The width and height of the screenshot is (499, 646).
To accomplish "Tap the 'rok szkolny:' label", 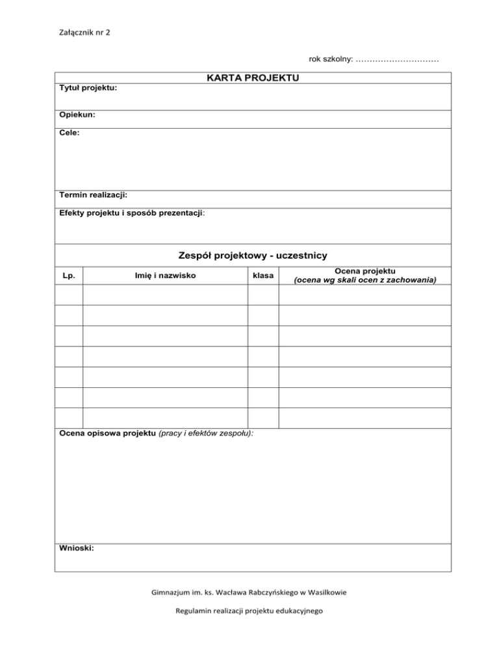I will click(x=331, y=59).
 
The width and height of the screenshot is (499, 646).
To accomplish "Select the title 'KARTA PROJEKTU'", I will click(x=253, y=78).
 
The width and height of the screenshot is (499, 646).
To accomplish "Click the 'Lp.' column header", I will click(x=69, y=276).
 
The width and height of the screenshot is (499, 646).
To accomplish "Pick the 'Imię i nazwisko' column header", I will click(x=165, y=276).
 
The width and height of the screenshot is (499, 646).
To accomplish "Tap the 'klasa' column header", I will click(x=263, y=276).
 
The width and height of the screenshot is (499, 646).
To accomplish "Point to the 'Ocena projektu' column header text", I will click(x=365, y=270).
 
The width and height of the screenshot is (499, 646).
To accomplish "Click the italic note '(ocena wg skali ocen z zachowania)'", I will click(x=365, y=280).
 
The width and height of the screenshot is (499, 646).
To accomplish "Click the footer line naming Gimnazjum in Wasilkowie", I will click(x=249, y=592).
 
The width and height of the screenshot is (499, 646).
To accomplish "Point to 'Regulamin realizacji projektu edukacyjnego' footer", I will click(x=249, y=611).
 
